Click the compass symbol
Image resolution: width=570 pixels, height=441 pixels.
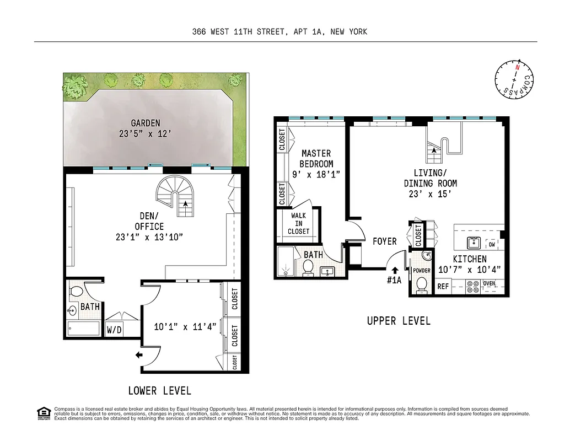click(x=515, y=80)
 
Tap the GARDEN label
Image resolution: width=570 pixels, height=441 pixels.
click(x=146, y=123)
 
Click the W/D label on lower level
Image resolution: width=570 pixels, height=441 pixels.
click(x=115, y=331)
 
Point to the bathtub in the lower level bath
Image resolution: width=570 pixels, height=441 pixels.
click(x=84, y=329)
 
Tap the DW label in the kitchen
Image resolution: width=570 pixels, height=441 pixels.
click(x=492, y=244)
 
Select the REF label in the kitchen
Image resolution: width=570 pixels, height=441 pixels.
click(x=443, y=286)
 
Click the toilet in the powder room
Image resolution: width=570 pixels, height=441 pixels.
click(x=422, y=284)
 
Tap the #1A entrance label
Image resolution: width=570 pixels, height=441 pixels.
click(x=394, y=280)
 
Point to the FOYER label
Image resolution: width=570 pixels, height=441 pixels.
click(x=384, y=241)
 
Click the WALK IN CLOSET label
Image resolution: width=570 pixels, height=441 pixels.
click(x=298, y=223)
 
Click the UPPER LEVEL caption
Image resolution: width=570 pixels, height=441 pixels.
click(x=399, y=321)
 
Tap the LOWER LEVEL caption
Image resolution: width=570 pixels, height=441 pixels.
click(x=159, y=391)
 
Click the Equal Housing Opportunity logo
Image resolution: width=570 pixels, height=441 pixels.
click(x=43, y=413)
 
